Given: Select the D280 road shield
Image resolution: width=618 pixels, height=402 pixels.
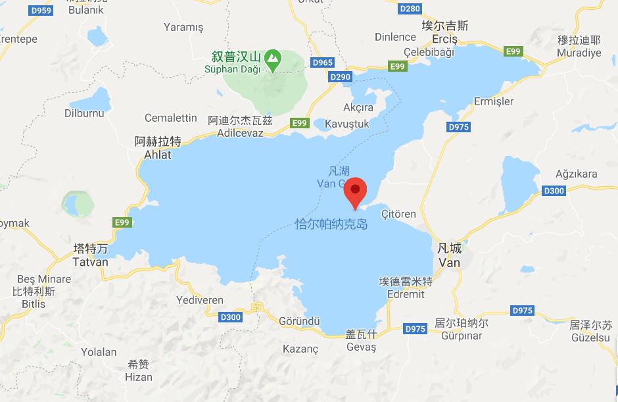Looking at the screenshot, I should (x=410, y=9).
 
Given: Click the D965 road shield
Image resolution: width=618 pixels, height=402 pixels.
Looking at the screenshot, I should (x=323, y=63).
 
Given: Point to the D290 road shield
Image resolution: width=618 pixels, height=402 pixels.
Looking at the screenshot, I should (x=341, y=77).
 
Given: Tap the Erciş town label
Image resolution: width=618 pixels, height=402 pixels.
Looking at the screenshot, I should (x=444, y=39).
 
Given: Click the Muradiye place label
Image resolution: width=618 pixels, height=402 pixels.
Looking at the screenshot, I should (x=579, y=53).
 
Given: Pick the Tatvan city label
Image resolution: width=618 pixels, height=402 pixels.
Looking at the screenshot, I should (x=91, y=261).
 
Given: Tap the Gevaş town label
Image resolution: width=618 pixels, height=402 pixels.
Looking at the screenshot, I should (x=361, y=347).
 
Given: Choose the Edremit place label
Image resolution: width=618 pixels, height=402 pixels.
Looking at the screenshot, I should (x=406, y=294).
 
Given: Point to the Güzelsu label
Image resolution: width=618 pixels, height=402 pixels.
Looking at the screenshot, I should (x=590, y=336).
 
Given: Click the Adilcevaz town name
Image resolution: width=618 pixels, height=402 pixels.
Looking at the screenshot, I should (x=239, y=133).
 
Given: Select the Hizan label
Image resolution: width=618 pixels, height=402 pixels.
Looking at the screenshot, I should (x=139, y=376).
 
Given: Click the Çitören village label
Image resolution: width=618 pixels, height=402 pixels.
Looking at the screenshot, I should (x=399, y=214).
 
